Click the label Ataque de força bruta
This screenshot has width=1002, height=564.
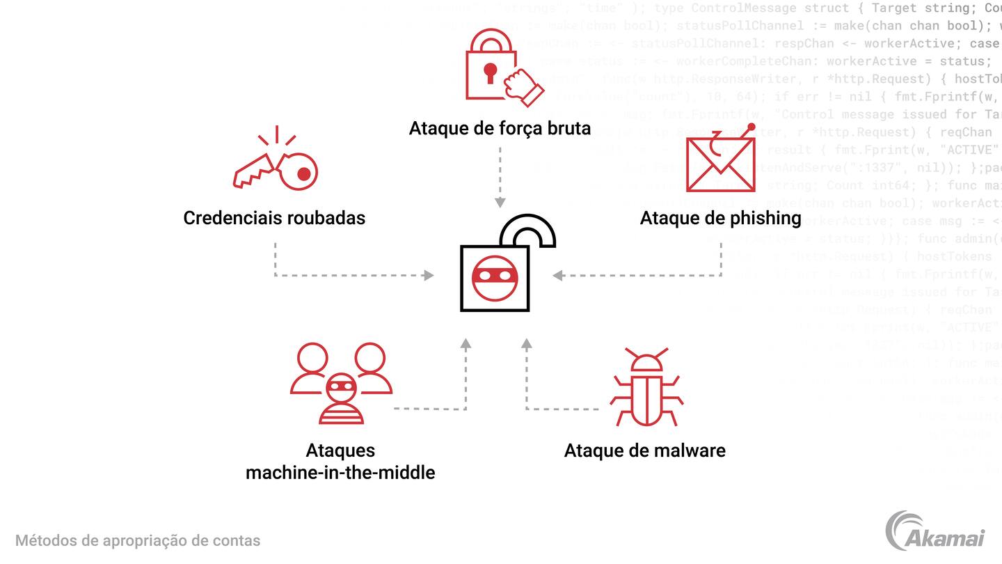500,128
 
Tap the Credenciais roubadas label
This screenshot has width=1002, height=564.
274,217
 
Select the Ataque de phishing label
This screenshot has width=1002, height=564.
720,218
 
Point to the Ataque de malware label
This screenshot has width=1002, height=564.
644,451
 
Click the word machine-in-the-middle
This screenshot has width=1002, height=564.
340,473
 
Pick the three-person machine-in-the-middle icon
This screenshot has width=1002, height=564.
341,383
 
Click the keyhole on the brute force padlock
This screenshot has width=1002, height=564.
491,72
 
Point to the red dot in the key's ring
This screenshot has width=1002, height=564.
303,174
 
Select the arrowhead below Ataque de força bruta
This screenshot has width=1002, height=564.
500,202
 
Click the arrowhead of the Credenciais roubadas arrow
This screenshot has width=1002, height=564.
429,276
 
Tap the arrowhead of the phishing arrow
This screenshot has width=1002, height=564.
558,276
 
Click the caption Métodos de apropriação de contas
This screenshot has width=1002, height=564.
138,540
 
